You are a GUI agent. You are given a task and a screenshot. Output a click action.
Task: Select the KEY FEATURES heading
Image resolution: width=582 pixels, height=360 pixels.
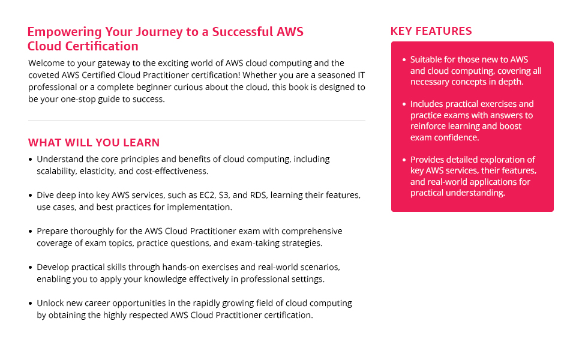pos(431,31)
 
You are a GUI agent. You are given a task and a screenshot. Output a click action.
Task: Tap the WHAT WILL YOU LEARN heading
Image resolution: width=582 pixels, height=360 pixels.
pos(94,143)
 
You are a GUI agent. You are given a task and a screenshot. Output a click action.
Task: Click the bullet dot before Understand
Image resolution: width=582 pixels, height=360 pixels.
pos(31,160)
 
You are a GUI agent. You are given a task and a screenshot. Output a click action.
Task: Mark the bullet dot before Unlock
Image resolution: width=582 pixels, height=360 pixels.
pos(31,304)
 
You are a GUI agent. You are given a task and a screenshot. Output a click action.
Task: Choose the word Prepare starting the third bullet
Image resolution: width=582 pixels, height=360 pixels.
pos(53,232)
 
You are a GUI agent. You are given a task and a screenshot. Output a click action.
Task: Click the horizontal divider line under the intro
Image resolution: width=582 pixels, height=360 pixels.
pos(196,121)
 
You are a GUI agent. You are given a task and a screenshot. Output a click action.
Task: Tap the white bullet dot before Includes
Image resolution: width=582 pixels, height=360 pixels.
pos(403,104)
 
